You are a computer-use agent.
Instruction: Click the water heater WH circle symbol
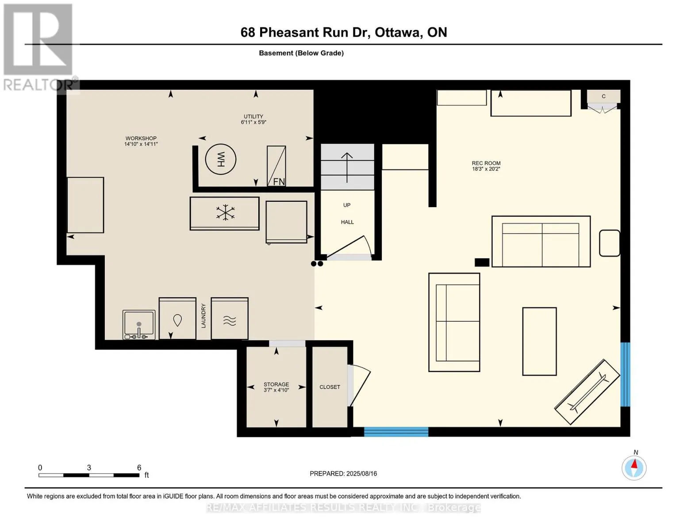(221, 159)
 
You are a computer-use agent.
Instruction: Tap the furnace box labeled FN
(276, 166)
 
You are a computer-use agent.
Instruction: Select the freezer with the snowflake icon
(225, 213)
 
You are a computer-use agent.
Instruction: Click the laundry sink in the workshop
(139, 325)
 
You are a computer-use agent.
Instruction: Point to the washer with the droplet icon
(177, 319)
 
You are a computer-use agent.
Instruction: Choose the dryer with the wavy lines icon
(230, 319)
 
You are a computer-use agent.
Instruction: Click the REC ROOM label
(486, 166)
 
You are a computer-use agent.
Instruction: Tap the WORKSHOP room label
(141, 141)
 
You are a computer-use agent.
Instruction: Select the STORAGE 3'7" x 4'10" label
(276, 387)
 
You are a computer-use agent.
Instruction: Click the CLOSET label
(330, 387)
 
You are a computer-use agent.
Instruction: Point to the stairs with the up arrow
(347, 167)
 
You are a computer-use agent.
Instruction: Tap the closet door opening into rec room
(358, 385)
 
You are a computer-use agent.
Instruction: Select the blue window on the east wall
(625, 374)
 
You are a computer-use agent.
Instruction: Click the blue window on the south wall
(396, 432)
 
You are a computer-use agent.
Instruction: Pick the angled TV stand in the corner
(587, 392)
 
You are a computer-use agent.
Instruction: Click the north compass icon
(634, 467)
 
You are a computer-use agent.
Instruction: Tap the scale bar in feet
(89, 475)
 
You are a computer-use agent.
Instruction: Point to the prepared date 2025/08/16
(343, 473)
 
